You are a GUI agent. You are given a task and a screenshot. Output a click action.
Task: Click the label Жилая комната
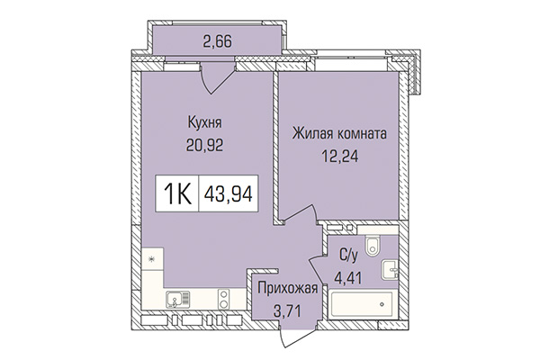tap(339, 134)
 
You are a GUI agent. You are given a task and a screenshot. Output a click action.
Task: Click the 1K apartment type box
tap(178, 193)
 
